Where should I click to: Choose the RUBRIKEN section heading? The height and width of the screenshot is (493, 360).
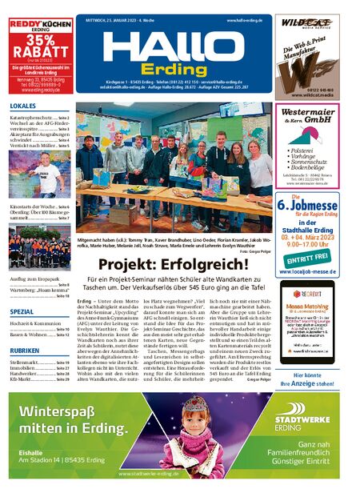point(24,351)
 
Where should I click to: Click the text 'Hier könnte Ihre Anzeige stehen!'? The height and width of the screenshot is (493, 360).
point(306,379)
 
